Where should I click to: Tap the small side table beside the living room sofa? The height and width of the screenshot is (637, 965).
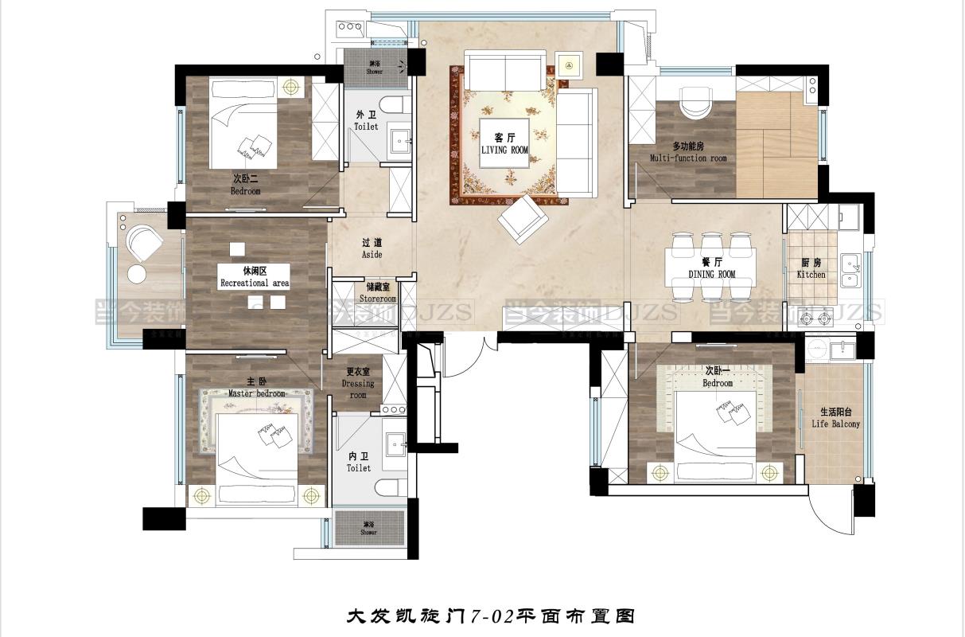pyautogui.click(x=569, y=63)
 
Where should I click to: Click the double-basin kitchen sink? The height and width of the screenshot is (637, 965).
pyautogui.click(x=850, y=269)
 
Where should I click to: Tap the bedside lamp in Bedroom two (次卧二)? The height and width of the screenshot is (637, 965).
pyautogui.click(x=292, y=86)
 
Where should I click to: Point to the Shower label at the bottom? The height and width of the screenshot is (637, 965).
pyautogui.click(x=368, y=529)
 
